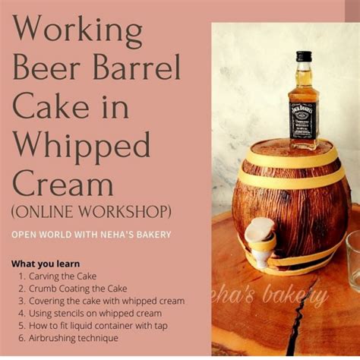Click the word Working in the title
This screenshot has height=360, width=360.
pos(77,33)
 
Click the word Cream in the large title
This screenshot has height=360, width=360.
pos(63,184)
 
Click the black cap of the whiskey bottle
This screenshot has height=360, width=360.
pos(304,56)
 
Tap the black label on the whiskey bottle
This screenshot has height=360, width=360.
pos(302,119)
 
